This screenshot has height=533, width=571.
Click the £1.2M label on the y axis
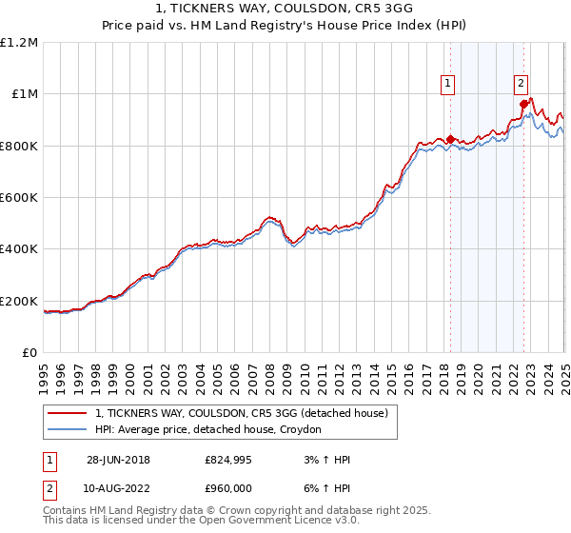tap(19, 42)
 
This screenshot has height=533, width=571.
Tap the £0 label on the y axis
tap(28, 352)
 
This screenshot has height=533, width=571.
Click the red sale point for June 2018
tap(450, 139)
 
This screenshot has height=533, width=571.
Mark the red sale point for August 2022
tap(522, 105)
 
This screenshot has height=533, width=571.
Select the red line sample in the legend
tap(68, 414)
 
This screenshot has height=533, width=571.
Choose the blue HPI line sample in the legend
tap(68, 430)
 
